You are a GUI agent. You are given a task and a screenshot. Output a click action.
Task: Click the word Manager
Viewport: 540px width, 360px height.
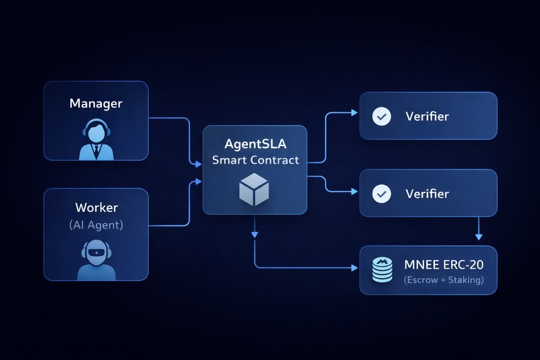click(96, 104)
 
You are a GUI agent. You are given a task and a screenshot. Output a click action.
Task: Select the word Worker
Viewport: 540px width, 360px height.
click(96, 208)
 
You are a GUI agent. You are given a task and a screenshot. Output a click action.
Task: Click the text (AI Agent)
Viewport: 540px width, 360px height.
click(96, 225)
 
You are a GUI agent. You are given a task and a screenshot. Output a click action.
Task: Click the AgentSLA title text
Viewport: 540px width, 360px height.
click(255, 145)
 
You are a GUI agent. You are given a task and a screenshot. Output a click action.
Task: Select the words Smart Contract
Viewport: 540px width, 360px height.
click(255, 160)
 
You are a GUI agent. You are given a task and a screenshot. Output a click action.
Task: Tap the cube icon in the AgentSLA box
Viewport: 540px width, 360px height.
click(255, 190)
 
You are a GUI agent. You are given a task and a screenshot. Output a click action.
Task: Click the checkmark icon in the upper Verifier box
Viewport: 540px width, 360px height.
click(381, 117)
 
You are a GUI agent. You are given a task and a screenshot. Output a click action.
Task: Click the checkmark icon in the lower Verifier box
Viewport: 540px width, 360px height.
click(381, 194)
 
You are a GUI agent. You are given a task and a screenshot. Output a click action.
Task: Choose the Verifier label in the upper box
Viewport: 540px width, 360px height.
click(427, 117)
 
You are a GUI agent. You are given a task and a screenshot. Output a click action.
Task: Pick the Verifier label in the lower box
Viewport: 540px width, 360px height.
click(427, 194)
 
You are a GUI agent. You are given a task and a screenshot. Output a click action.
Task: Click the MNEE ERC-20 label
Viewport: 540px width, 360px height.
click(444, 264)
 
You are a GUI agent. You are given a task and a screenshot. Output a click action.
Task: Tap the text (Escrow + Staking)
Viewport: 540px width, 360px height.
click(444, 280)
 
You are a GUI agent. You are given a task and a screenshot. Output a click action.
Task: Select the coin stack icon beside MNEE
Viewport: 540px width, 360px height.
click(382, 270)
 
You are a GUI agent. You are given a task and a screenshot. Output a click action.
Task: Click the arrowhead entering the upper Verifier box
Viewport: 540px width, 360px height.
click(354, 113)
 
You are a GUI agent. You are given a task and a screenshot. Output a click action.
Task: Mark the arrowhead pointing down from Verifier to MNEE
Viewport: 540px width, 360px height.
click(478, 236)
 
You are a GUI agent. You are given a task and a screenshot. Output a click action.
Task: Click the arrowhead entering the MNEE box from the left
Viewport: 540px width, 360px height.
click(354, 268)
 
